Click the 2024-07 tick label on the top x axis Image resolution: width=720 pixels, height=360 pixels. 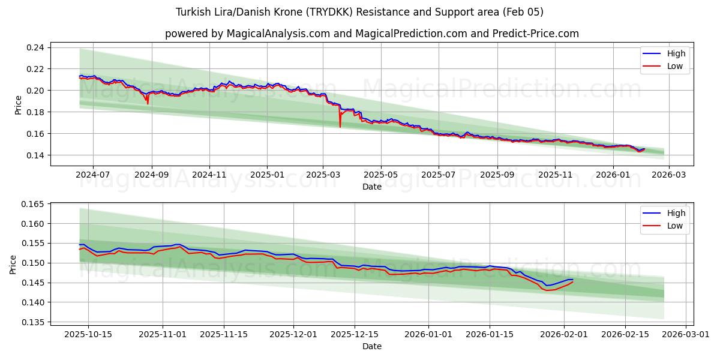(x=93, y=175)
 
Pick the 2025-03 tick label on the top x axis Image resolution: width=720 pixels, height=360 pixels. (x=323, y=175)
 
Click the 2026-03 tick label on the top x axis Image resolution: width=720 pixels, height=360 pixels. (x=669, y=175)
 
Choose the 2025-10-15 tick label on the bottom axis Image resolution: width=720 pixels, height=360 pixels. (x=88, y=334)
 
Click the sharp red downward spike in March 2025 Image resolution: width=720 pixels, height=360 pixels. (x=340, y=126)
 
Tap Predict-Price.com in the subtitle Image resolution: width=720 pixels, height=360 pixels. (x=535, y=34)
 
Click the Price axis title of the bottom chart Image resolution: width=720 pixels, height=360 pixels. (x=13, y=263)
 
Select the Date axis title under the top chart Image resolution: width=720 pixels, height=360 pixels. (x=371, y=187)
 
